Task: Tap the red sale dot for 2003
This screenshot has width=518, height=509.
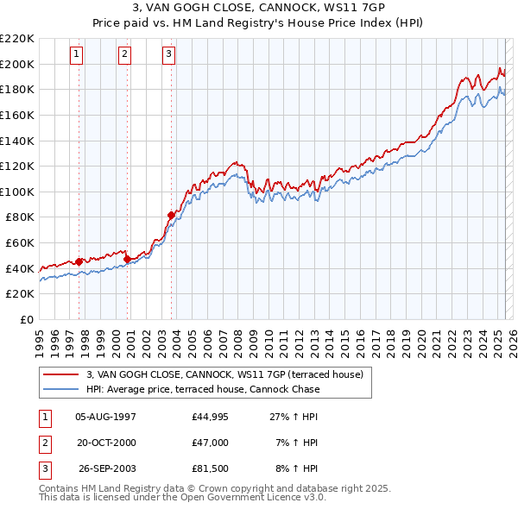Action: pos(172,215)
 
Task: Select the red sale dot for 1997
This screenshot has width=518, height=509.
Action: pos(79,261)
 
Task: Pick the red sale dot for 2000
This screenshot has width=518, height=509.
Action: pos(127,258)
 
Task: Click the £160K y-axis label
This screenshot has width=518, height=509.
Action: pos(17,115)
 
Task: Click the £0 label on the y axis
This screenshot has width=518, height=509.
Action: pos(26,319)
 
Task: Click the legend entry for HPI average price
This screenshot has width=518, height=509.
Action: pos(202,389)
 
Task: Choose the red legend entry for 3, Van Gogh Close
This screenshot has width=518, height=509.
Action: pos(229,374)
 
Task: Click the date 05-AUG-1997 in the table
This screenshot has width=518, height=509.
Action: pos(106,416)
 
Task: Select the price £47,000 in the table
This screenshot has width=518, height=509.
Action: pos(211,443)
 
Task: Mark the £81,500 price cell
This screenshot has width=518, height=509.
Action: pos(211,469)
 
